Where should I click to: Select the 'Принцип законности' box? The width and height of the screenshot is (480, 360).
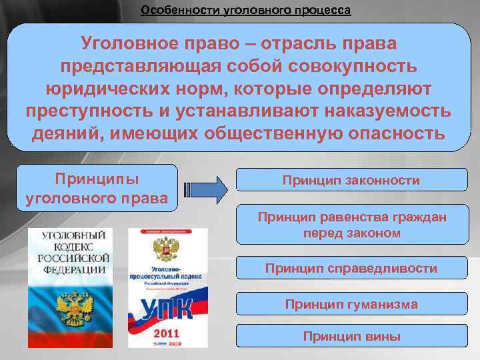(351, 181)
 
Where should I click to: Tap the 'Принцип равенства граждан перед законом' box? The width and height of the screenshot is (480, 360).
(351, 225)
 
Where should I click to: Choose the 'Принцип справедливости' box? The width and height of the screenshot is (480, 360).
(351, 269)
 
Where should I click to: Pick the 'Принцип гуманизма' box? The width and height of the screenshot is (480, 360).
(351, 305)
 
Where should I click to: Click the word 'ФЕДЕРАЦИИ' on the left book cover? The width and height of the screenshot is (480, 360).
(74, 269)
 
